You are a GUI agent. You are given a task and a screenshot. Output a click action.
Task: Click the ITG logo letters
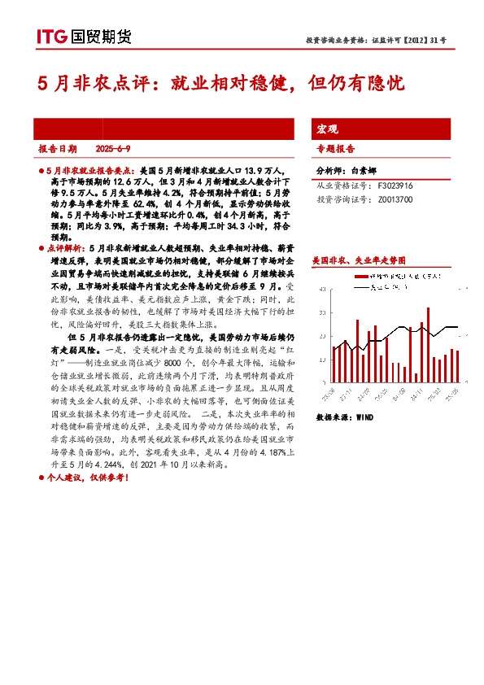[x=51, y=36]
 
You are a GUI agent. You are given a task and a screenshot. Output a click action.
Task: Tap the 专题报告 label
[x=335, y=149]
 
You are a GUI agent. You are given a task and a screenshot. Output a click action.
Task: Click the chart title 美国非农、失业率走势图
[x=359, y=260]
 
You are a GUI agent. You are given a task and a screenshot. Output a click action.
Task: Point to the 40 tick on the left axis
[x=325, y=289]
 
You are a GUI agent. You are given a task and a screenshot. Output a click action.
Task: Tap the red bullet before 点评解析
[x=42, y=245]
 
